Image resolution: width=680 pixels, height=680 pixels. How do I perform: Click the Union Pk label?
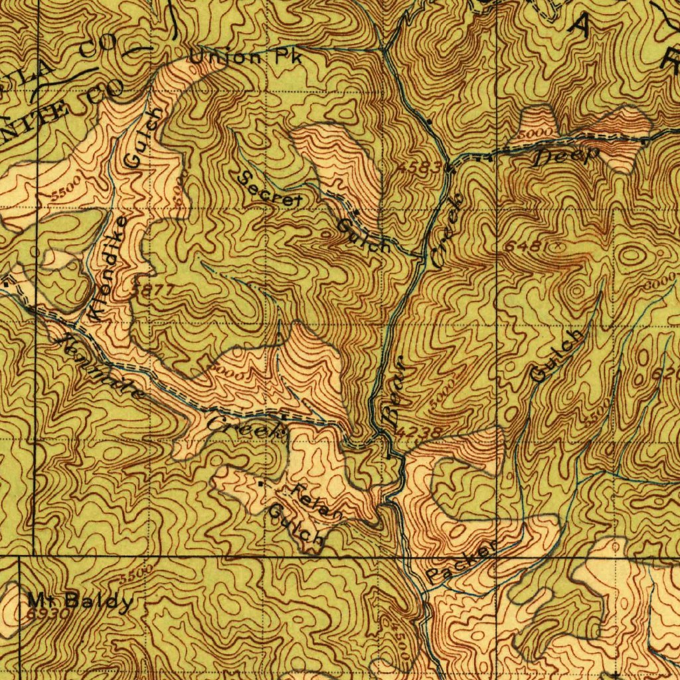pos(246,58)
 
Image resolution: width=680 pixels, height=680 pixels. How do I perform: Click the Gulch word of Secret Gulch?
pos(363,236)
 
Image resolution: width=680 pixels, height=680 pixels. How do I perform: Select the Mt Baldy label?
pos(80,602)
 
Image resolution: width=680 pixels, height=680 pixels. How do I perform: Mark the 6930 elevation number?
pos(48,614)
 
